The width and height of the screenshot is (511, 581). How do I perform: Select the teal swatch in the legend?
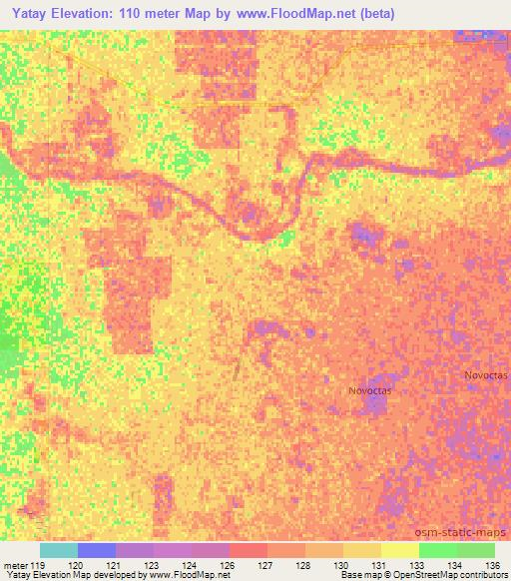click(59, 550)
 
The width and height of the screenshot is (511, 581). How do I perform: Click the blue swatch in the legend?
click(97, 550)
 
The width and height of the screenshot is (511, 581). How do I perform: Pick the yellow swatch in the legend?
click(400, 550)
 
